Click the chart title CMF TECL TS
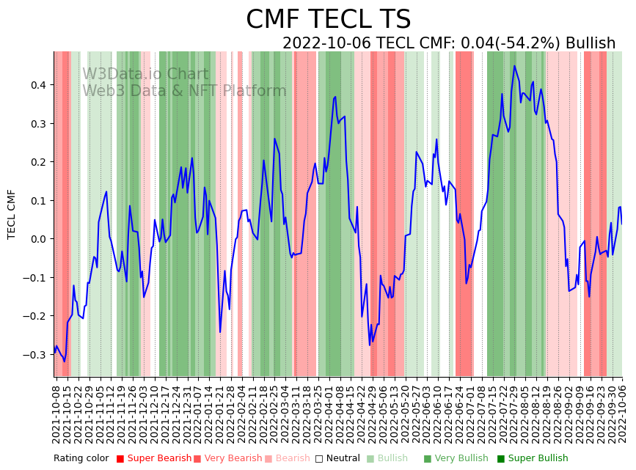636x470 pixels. (328, 20)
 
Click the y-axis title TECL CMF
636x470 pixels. (12, 214)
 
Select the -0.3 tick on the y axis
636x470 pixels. (34, 355)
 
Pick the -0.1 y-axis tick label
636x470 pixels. (34, 278)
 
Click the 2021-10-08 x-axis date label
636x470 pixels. (56, 411)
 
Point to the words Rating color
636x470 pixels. (81, 459)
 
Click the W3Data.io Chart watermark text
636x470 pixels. (145, 74)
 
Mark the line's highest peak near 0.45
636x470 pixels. (514, 66)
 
